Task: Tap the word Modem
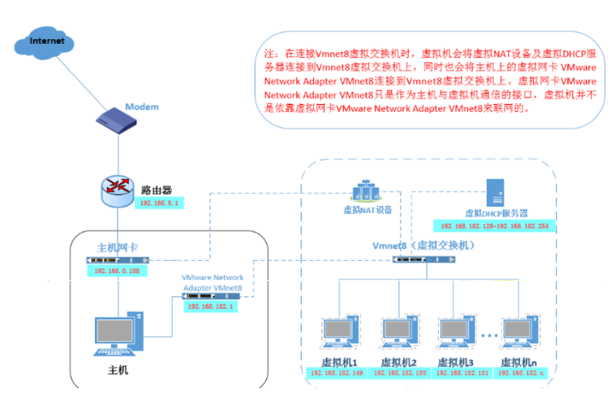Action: tap(142, 106)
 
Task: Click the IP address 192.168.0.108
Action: tap(118, 270)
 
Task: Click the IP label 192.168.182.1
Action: tap(211, 308)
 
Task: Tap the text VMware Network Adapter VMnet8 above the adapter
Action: tap(212, 283)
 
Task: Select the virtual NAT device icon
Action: tap(367, 192)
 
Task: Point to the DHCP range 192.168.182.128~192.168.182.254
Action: tap(495, 225)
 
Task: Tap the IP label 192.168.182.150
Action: tap(397, 373)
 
